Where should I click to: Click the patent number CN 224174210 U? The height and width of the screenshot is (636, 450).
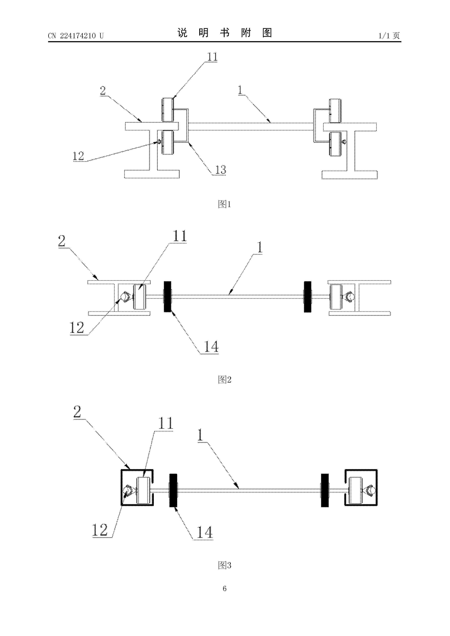coord(76,36)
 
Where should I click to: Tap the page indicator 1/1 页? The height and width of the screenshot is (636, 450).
coord(389,36)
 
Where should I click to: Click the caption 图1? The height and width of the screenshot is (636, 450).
coord(225,204)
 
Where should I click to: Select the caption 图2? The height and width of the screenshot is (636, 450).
coord(225,379)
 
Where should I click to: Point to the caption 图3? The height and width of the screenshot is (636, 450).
coord(225,565)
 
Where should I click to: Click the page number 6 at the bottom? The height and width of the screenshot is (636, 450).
coord(225,588)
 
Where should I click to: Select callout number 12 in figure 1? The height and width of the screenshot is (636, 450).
coord(78,156)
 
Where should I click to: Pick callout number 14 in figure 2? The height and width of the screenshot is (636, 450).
coord(211,346)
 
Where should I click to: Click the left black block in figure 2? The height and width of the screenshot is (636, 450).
coord(167,297)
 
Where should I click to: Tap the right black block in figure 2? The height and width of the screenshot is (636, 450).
coord(308,297)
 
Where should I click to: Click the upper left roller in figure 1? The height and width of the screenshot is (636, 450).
coord(168,110)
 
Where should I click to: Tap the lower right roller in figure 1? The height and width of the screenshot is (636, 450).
coord(335,143)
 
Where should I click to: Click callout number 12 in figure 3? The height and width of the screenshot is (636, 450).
coord(100,530)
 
